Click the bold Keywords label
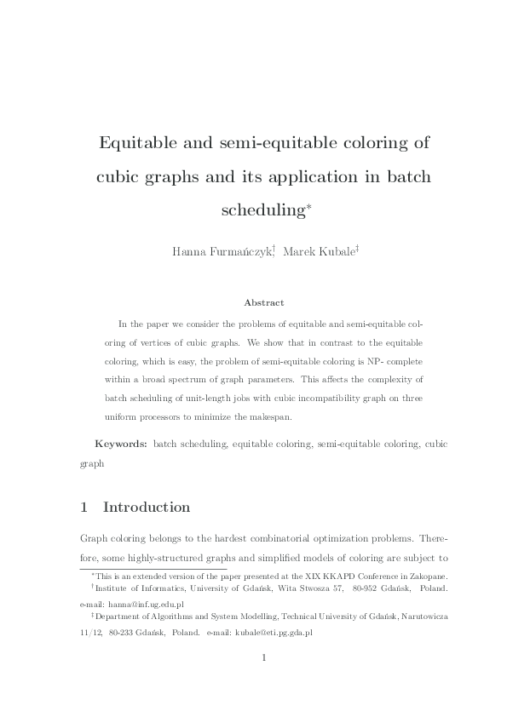click(121, 445)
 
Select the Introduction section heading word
click(146, 508)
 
